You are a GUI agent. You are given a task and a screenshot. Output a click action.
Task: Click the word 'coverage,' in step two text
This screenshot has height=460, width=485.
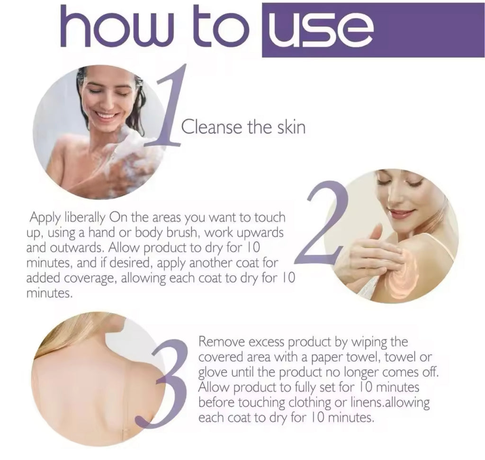coord(91,279)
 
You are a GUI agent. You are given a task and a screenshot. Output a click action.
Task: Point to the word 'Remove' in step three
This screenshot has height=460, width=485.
coord(222,342)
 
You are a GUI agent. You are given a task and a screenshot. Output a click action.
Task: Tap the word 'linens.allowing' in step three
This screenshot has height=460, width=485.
coord(390,403)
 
